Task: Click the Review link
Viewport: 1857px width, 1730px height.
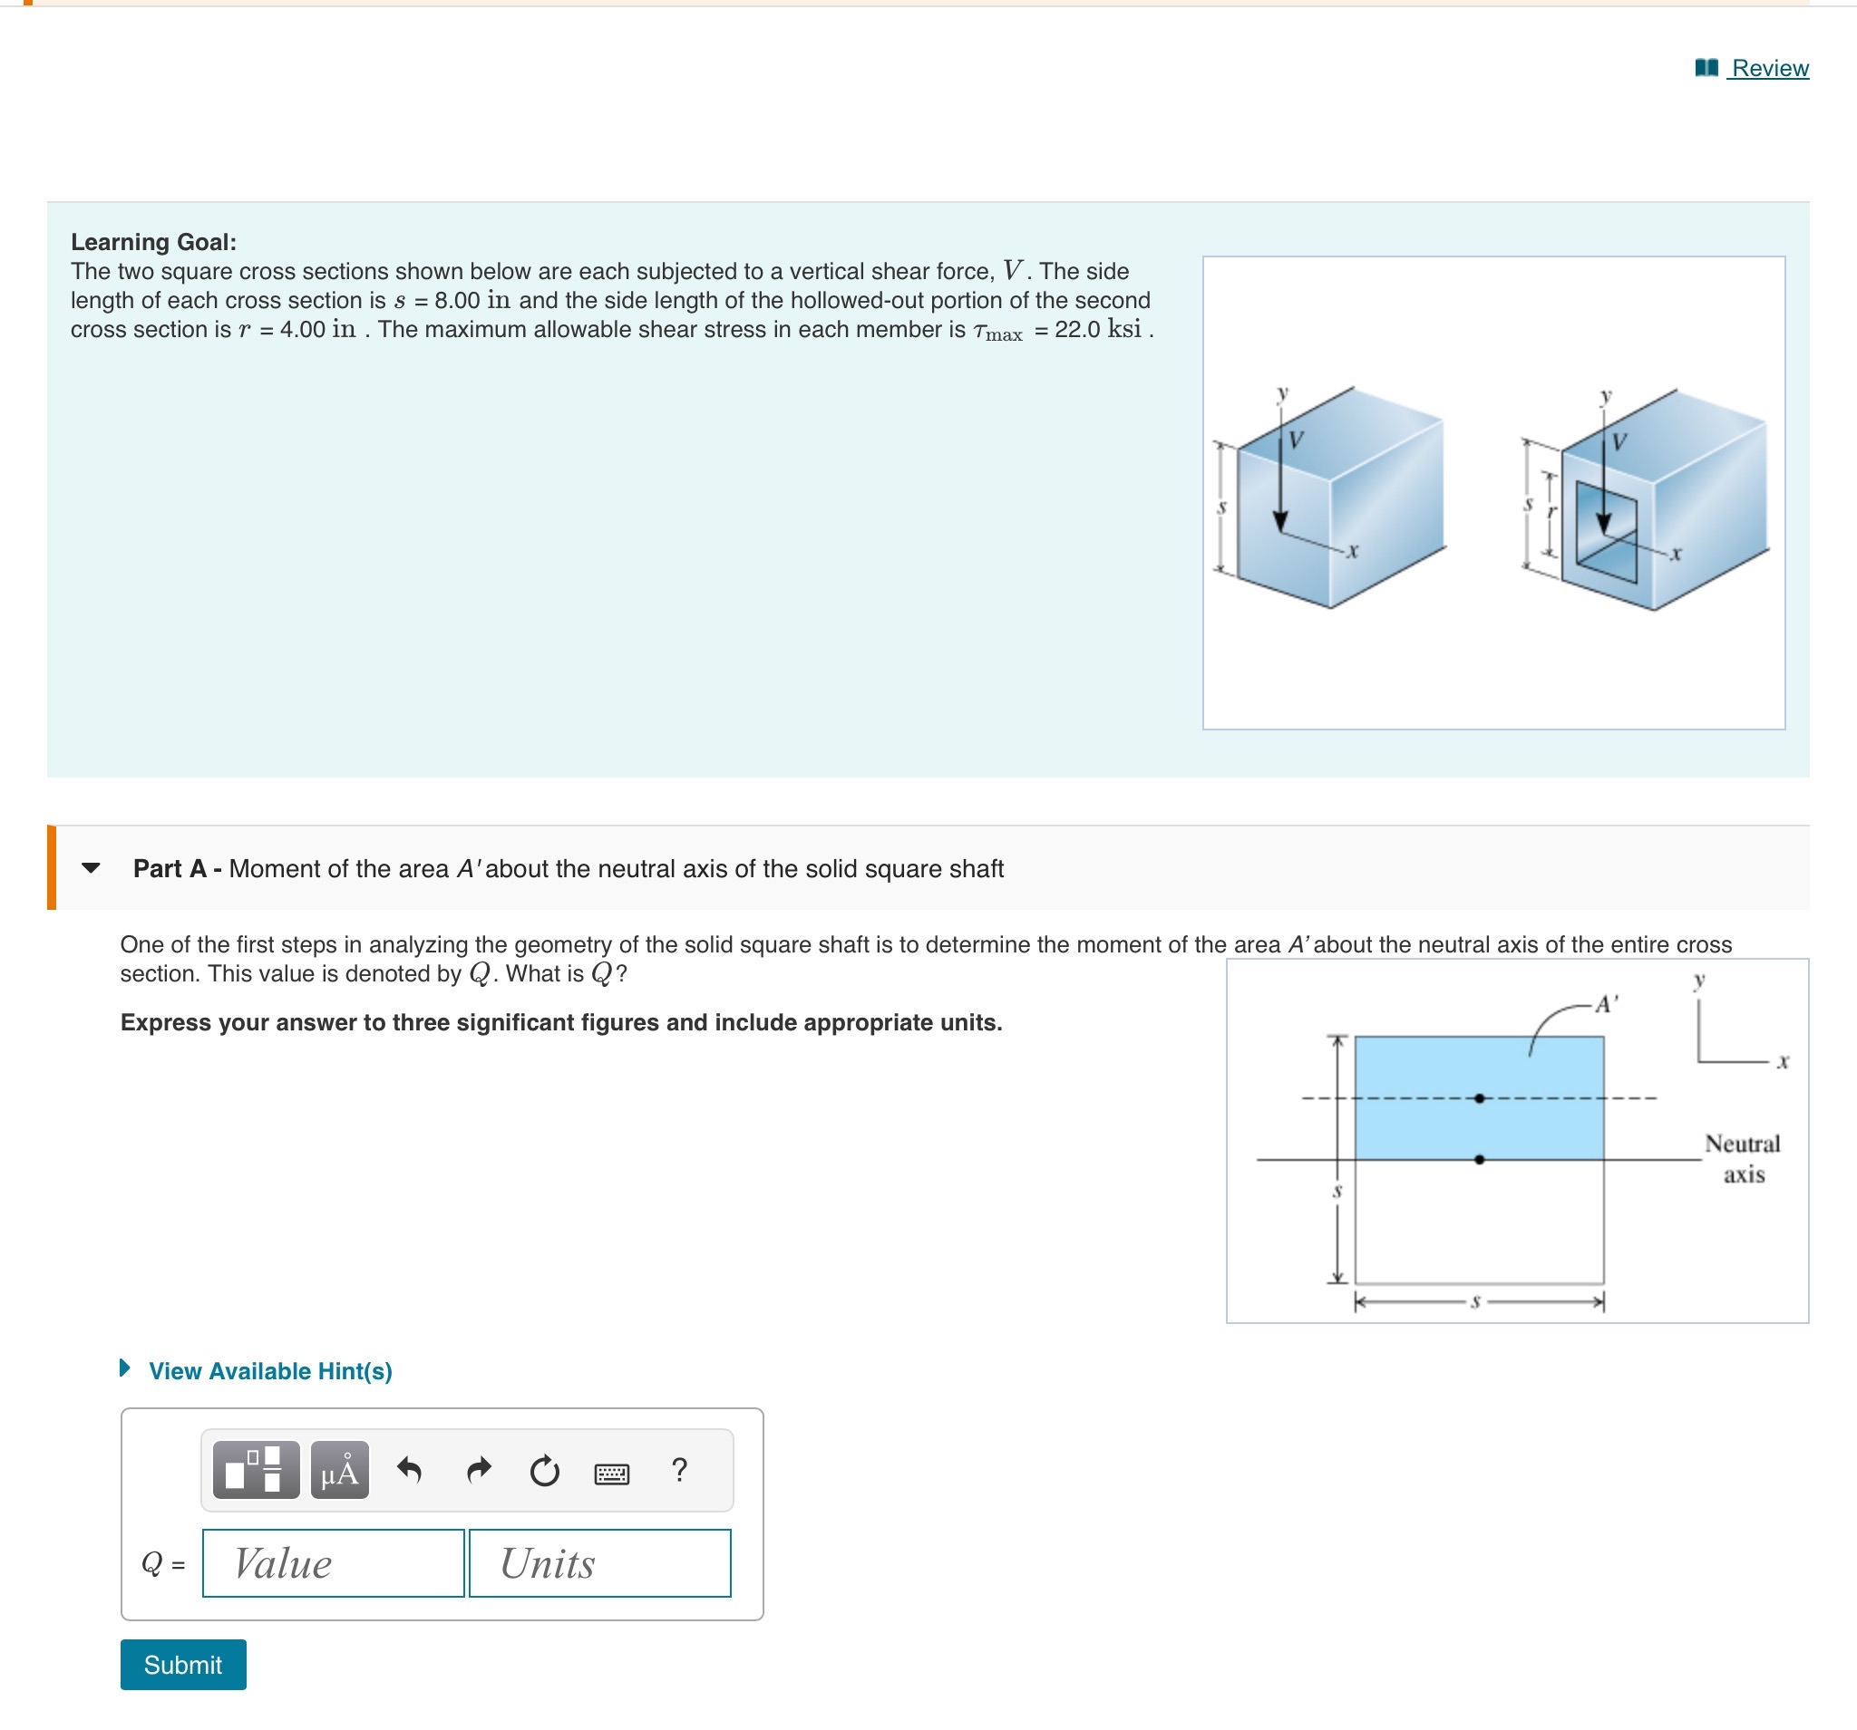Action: pos(1768,68)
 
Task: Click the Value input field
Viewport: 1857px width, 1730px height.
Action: pos(333,1563)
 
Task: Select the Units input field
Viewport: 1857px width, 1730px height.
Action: pos(598,1563)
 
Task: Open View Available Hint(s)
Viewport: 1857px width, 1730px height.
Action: pos(269,1370)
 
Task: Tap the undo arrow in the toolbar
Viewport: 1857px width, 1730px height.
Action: pos(409,1471)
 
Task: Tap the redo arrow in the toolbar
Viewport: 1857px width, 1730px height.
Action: pos(478,1471)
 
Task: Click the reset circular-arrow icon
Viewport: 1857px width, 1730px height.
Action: pos(545,1471)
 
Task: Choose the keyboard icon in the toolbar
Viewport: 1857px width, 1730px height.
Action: pos(612,1474)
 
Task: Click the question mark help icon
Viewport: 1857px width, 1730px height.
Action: pos(679,1470)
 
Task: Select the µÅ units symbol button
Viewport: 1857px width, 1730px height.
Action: pos(340,1471)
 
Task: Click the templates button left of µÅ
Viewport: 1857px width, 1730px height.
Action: pos(256,1471)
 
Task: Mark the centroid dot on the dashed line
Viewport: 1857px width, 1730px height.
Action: pos(1480,1098)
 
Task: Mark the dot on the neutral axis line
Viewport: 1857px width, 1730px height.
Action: pos(1480,1160)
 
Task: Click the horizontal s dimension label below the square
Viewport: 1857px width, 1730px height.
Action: pos(1476,1301)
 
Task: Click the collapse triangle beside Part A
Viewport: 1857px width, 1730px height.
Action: pos(91,868)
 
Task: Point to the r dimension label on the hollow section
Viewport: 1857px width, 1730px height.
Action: pos(1551,513)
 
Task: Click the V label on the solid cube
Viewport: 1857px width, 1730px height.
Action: pos(1297,440)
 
